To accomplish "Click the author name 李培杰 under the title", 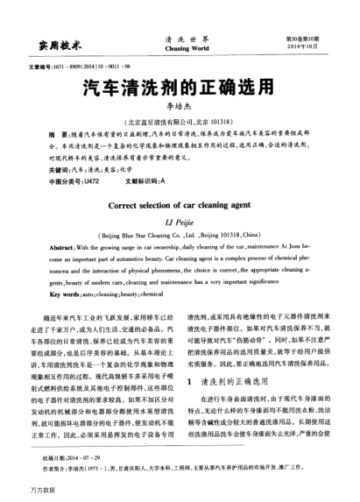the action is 180,104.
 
